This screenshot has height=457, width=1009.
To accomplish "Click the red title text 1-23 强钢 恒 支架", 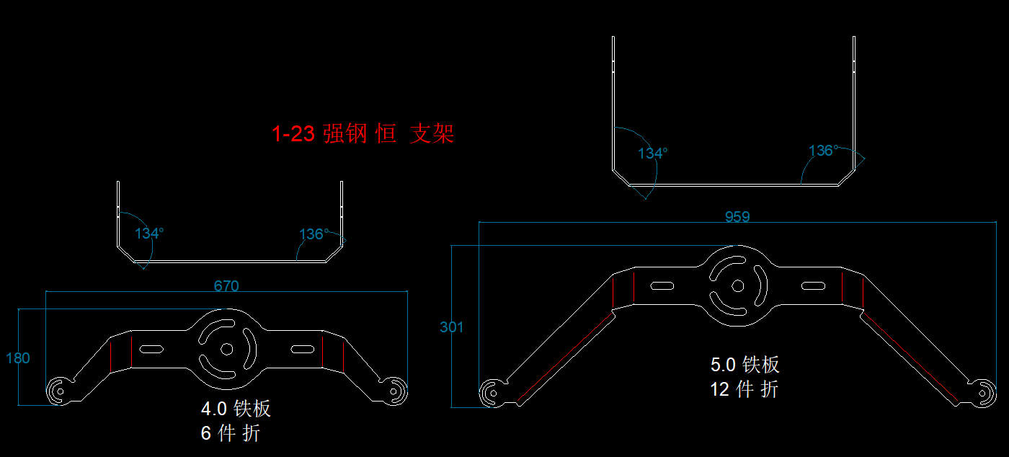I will click(363, 134).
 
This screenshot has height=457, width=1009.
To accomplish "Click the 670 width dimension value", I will click(226, 285).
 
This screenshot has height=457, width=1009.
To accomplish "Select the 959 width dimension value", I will click(737, 216).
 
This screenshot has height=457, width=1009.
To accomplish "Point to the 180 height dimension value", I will click(17, 358).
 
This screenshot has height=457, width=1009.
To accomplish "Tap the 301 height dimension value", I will click(452, 327).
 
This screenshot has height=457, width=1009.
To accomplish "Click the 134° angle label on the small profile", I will click(149, 234).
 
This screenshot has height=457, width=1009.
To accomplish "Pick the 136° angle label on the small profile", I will click(314, 234).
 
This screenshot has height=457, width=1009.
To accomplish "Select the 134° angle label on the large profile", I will click(652, 154).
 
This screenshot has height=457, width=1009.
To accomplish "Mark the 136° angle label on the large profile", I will click(823, 151).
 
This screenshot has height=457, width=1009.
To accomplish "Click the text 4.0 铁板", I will click(236, 409).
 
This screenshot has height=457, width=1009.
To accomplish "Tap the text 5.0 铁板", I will click(745, 365).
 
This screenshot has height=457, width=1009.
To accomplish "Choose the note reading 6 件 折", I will click(231, 433).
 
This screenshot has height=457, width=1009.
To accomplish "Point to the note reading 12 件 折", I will click(744, 389).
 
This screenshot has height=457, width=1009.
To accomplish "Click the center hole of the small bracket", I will click(226, 349).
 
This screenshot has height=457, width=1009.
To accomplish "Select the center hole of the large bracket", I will click(737, 285).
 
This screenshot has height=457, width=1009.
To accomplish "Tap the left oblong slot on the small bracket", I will click(151, 350).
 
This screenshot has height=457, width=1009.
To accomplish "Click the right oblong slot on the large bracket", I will click(814, 286).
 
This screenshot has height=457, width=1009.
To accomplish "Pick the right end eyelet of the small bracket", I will click(394, 391).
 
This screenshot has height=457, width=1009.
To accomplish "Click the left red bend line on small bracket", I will click(132, 352).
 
